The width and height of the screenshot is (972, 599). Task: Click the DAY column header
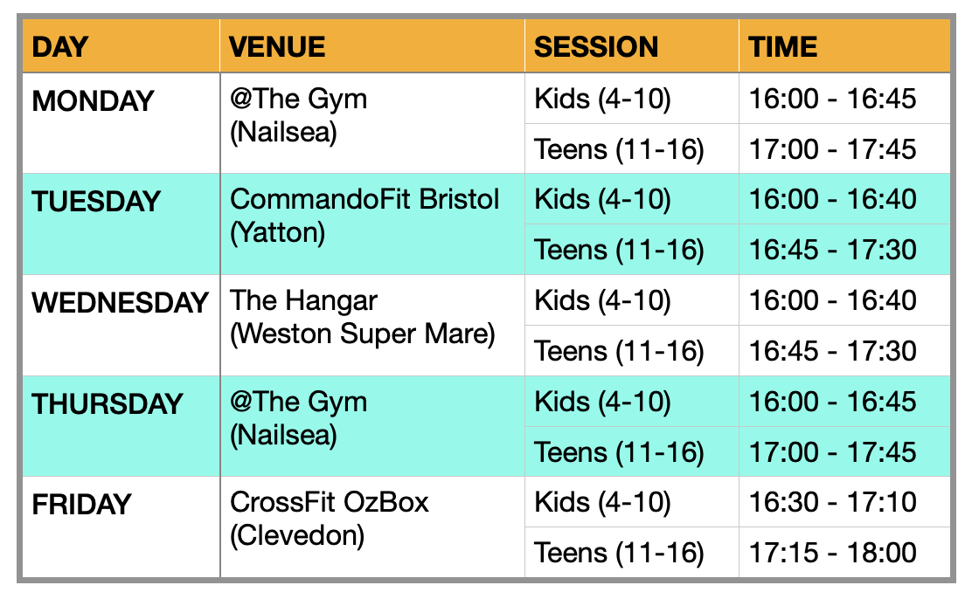coord(60,47)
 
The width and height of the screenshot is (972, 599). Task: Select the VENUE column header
coord(277,47)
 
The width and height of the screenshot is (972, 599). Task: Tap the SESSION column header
coord(596,47)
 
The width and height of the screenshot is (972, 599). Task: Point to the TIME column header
coord(782,47)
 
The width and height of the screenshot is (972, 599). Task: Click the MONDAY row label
coord(93,101)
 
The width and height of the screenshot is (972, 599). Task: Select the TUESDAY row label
coord(96,202)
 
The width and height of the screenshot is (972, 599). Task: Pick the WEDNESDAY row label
coord(121,303)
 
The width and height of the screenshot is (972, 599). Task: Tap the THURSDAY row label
coord(108,404)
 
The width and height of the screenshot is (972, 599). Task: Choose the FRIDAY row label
coord(81,504)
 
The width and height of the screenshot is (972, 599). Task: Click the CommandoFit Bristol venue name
coord(364,199)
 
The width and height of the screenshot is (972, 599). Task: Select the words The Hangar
coord(304,301)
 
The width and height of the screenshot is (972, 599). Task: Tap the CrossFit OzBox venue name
coord(330,502)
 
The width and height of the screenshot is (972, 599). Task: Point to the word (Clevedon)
coord(297,536)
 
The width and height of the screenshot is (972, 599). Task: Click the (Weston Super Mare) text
coord(363,334)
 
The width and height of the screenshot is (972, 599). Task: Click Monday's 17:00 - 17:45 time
coord(832,149)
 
